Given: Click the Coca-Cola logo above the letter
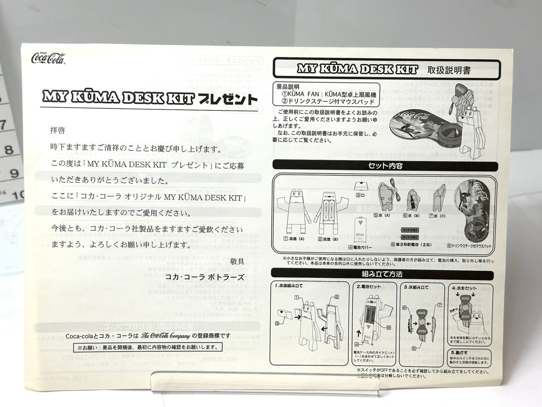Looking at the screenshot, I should click(48, 58).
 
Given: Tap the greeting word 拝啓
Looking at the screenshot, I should click(58, 130).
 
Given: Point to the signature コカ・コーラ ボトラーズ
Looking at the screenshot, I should click(205, 277).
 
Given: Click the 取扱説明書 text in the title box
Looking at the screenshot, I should click(449, 70).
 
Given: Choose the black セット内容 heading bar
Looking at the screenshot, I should click(385, 166).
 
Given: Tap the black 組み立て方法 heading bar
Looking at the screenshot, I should click(382, 274).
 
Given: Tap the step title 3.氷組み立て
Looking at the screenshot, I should click(416, 287).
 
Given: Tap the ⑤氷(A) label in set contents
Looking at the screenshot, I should click(382, 216).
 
